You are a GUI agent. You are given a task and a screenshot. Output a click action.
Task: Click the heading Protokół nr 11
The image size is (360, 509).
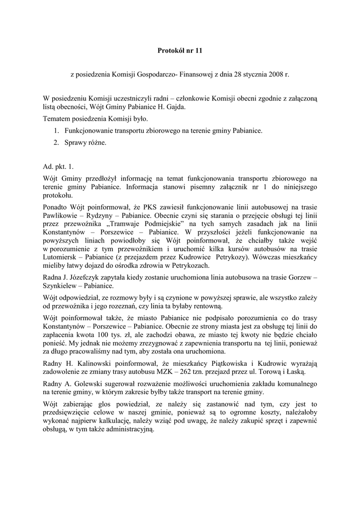click(x=180, y=51)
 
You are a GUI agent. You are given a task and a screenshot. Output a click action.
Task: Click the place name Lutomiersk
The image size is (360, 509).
click(x=61, y=257)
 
